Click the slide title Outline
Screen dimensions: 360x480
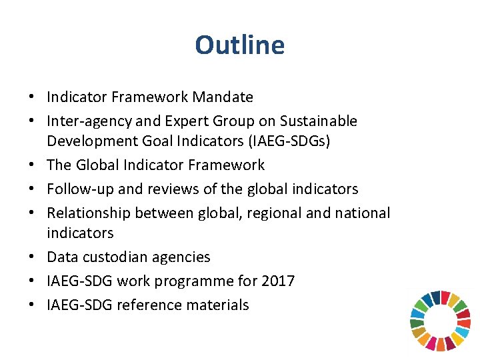tap(239, 45)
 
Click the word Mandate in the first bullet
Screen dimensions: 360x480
tap(223, 97)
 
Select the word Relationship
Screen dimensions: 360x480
tap(88, 213)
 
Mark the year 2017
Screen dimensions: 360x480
tap(278, 281)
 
